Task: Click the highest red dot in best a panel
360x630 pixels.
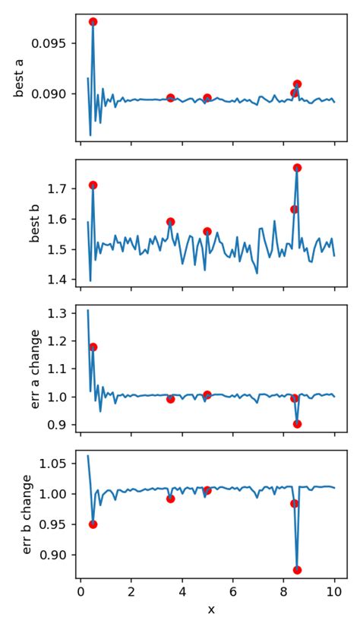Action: pyautogui.click(x=93, y=22)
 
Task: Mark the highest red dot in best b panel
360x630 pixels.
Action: pyautogui.click(x=297, y=168)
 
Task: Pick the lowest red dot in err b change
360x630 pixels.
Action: pyautogui.click(x=297, y=570)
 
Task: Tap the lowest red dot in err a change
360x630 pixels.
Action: pyautogui.click(x=297, y=424)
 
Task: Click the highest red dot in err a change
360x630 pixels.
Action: pyautogui.click(x=93, y=347)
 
